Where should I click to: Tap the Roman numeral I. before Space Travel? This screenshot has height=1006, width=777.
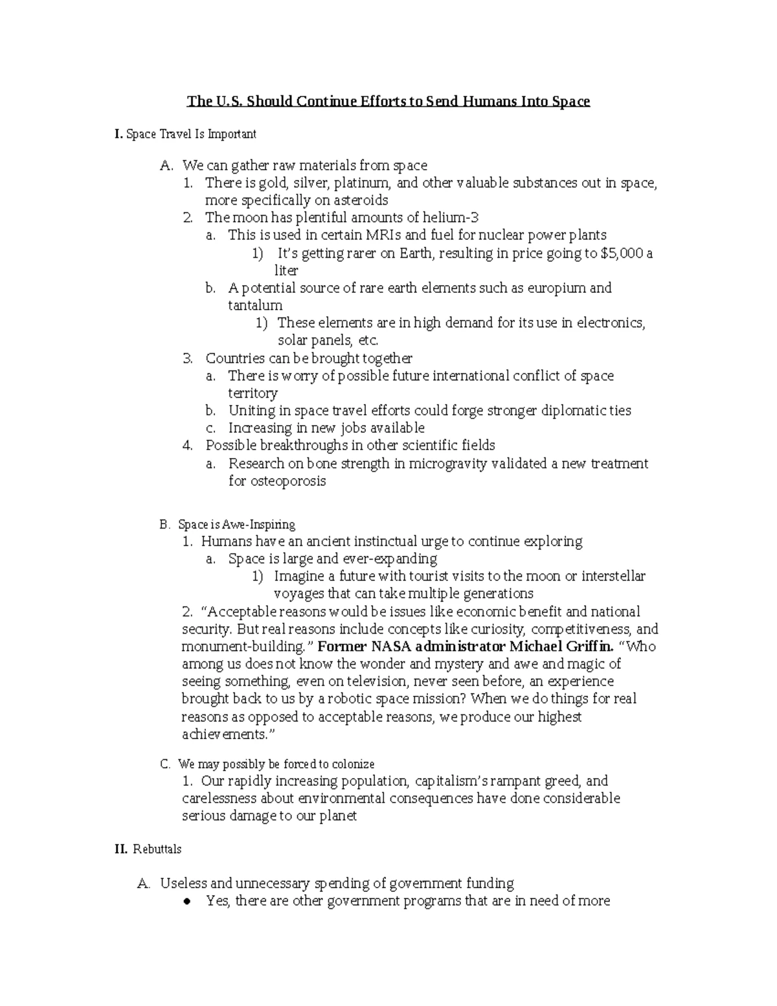point(118,134)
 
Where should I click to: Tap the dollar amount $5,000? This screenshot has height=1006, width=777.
point(622,253)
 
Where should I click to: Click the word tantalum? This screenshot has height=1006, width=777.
point(255,305)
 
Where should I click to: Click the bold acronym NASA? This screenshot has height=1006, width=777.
point(391,646)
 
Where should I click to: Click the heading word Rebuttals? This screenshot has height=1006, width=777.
point(157,849)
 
